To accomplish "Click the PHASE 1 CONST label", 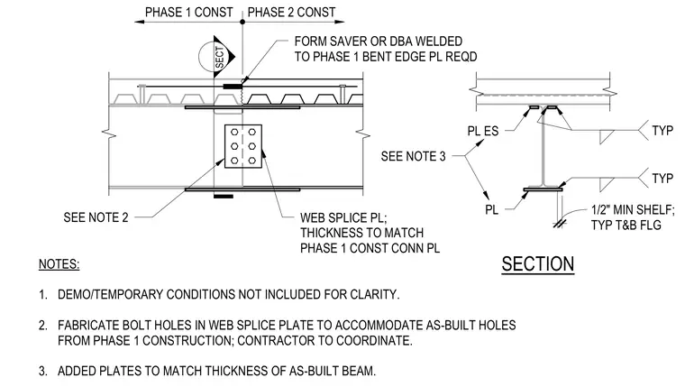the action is click(188, 13).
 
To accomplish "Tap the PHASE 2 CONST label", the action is click(291, 13).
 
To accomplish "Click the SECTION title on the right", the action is click(538, 264).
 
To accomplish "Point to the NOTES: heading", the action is click(59, 264).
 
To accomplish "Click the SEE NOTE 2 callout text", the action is click(96, 217).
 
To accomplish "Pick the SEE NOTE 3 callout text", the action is click(413, 156).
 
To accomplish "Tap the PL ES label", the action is click(483, 131).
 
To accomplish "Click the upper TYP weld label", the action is click(662, 130).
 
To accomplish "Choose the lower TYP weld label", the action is click(662, 179).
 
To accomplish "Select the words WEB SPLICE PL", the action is click(342, 217).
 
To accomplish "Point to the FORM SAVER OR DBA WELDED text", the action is click(379, 41).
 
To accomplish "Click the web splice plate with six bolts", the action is click(243, 146).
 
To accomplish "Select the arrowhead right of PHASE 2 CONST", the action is click(339, 22).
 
